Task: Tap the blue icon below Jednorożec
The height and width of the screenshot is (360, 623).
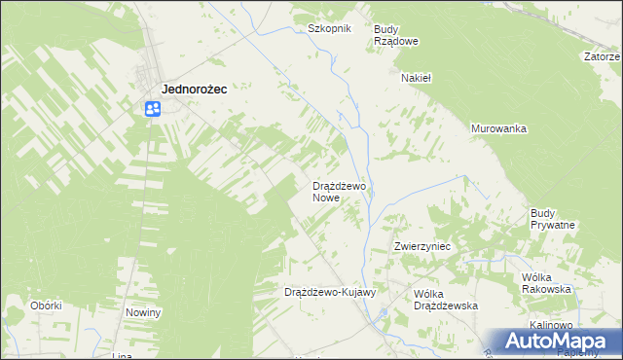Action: click(153, 109)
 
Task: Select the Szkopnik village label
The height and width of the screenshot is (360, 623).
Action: click(328, 29)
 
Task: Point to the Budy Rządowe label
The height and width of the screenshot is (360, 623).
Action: click(396, 35)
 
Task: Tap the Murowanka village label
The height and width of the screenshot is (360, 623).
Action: click(498, 128)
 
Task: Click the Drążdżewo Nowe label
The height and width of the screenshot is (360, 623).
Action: click(339, 191)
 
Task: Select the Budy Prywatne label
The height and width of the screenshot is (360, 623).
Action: click(553, 219)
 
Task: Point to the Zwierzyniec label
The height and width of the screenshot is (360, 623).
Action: click(421, 247)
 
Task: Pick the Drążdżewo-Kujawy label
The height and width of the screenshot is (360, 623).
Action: click(329, 292)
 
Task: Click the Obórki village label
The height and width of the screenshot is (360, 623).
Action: click(46, 305)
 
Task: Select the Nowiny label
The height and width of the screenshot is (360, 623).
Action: click(143, 312)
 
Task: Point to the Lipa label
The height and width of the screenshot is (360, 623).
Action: click(122, 356)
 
